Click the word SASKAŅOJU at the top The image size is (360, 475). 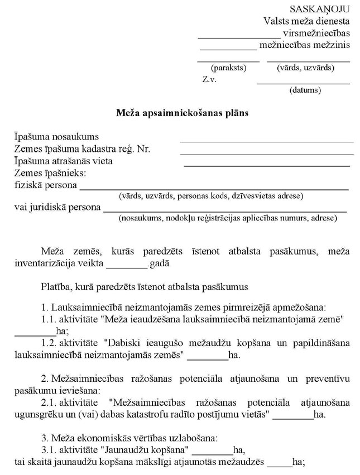(319, 9)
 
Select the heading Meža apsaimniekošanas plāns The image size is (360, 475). (182, 112)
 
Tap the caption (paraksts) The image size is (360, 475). (228, 68)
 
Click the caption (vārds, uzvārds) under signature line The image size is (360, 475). (305, 68)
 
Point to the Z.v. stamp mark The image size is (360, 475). (209, 79)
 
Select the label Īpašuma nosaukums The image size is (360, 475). (56, 137)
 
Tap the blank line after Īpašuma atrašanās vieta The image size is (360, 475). (266, 165)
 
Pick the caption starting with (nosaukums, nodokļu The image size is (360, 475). (227, 218)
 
